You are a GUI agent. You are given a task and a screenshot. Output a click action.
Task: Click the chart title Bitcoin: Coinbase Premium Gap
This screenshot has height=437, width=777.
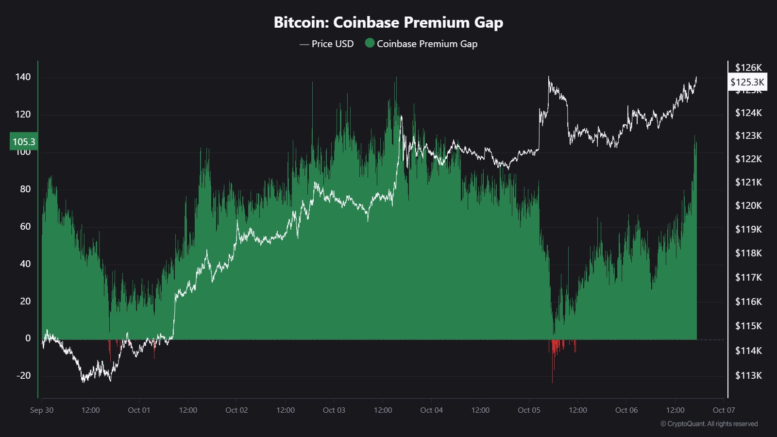[388, 22]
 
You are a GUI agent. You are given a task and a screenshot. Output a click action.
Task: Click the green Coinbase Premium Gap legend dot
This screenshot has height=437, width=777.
[370, 43]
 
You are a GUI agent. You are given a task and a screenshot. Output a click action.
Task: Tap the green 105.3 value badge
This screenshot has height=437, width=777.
[24, 142]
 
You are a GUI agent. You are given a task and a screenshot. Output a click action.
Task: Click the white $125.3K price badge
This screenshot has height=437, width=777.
[747, 82]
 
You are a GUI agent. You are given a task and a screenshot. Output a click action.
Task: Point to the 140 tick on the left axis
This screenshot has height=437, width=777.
[23, 77]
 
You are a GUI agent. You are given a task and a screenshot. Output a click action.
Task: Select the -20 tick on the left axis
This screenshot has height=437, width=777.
[23, 375]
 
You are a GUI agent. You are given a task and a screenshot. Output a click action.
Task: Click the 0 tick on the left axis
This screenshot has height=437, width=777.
[28, 338]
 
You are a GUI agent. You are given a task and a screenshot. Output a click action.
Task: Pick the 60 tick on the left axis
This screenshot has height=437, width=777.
[25, 226]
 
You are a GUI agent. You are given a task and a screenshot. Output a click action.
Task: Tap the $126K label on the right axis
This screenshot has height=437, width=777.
[748, 67]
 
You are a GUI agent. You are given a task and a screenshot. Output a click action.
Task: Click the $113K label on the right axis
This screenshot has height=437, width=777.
[748, 375]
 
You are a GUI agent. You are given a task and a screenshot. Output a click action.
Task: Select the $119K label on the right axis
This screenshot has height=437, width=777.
[748, 229]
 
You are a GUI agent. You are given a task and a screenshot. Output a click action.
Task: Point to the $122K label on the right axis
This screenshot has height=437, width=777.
[748, 159]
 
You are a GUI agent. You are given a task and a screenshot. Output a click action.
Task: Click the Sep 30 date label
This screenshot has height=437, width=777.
[42, 410]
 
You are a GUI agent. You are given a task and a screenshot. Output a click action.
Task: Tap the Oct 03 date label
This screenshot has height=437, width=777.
[334, 410]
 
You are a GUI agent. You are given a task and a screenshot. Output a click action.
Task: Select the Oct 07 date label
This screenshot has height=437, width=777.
[724, 410]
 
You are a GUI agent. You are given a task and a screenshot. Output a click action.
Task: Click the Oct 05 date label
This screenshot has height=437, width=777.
[529, 410]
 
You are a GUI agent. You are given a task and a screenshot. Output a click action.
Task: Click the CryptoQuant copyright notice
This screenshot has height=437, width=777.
[709, 424]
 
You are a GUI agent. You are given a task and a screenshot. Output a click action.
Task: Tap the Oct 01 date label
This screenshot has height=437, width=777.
[139, 410]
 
